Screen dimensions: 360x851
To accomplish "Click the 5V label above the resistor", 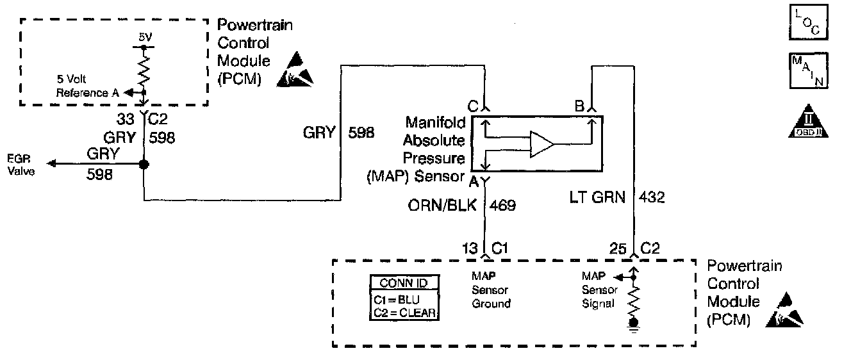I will (146, 38).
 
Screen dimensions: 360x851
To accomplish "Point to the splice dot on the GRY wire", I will (144, 165).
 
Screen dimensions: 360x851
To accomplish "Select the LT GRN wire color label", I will (598, 198).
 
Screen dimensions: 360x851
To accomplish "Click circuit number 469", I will (503, 206).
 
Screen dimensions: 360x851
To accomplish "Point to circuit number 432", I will (651, 198).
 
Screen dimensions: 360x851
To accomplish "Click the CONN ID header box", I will (404, 282).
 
